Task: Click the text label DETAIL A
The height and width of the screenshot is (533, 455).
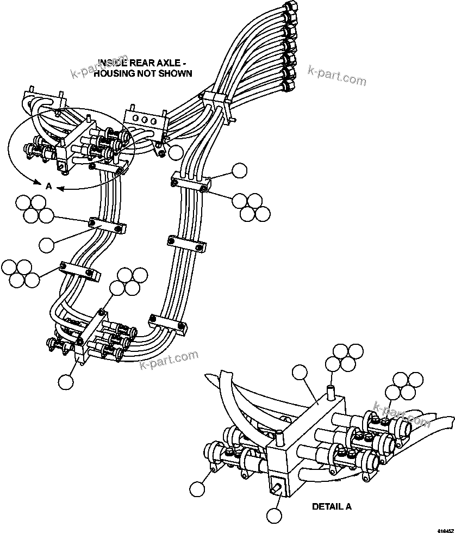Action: pos(332,506)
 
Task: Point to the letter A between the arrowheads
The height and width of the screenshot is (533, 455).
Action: pos(48,186)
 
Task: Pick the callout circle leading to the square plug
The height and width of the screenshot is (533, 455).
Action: pos(275,515)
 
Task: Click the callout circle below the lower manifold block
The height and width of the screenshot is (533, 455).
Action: pos(66,382)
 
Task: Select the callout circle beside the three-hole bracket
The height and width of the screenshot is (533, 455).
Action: pos(176,152)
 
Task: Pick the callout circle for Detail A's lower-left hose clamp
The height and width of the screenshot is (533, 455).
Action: pos(197,489)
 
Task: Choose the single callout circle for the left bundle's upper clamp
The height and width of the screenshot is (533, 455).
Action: pos(47,245)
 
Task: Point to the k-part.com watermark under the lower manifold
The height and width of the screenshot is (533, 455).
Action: pos(169,360)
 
